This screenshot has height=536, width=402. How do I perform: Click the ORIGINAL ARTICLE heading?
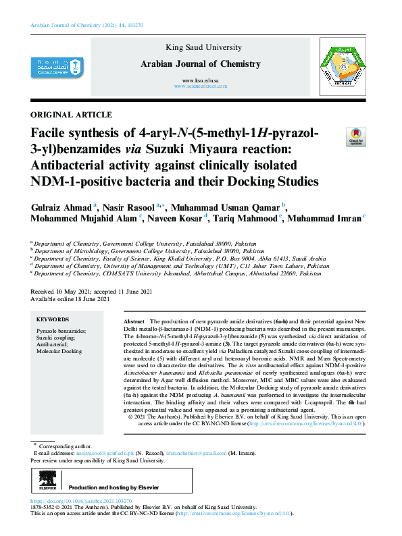point(72,114)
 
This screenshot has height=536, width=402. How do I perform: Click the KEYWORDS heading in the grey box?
point(53,319)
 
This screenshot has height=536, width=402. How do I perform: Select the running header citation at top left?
point(86,25)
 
